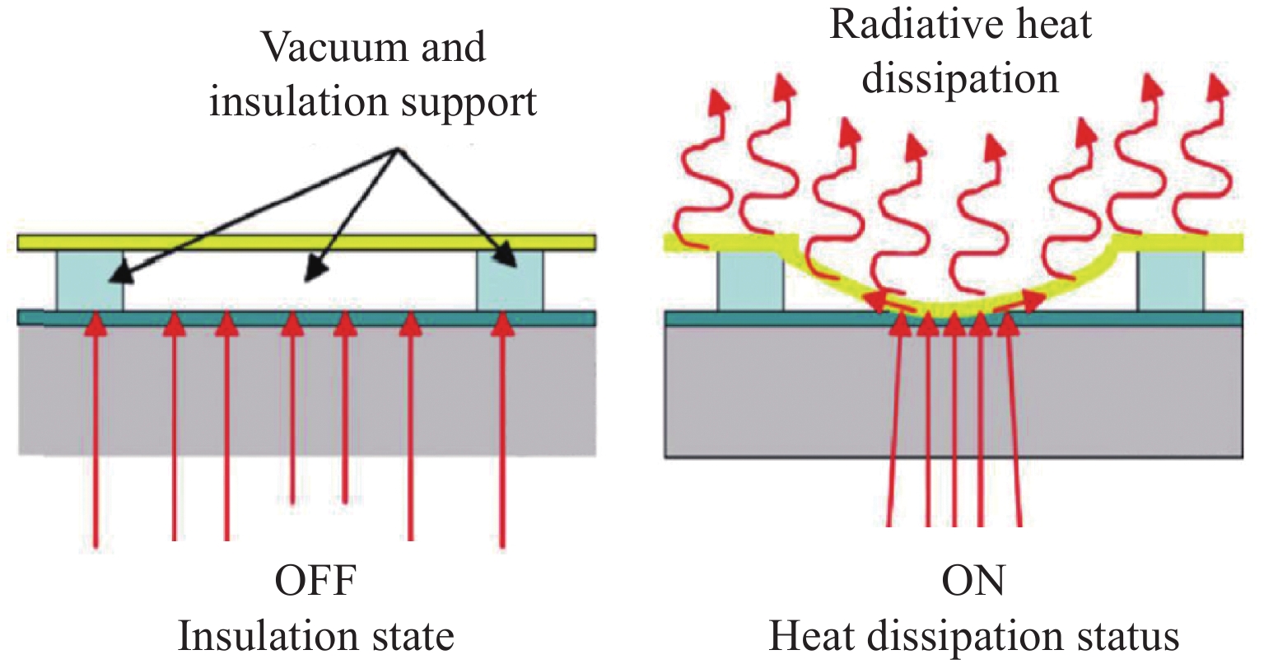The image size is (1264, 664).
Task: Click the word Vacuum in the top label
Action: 317,47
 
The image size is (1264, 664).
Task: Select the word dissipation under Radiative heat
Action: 959,79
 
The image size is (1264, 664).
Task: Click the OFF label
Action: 315,582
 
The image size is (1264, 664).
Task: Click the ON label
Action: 973,582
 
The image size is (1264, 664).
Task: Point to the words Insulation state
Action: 315,636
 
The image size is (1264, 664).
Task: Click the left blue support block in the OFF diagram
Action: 89,280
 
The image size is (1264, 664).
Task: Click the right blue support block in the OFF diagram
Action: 510,280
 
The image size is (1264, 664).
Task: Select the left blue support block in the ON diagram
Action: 749,281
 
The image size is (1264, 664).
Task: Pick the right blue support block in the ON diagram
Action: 1170,281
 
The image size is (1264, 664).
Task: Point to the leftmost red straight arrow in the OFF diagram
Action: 96,428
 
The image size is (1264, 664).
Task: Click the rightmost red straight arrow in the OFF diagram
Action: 502,428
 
